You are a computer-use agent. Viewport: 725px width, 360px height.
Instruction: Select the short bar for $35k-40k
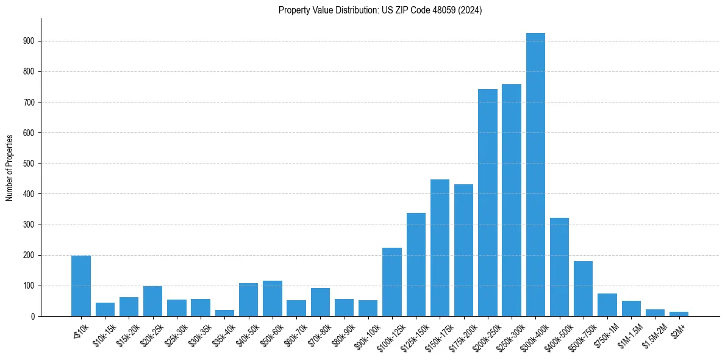click(x=224, y=313)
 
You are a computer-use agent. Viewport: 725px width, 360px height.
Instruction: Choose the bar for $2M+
click(x=679, y=314)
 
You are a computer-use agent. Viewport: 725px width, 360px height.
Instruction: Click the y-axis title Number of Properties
click(x=10, y=167)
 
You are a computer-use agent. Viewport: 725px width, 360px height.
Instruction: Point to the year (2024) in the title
click(x=471, y=10)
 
